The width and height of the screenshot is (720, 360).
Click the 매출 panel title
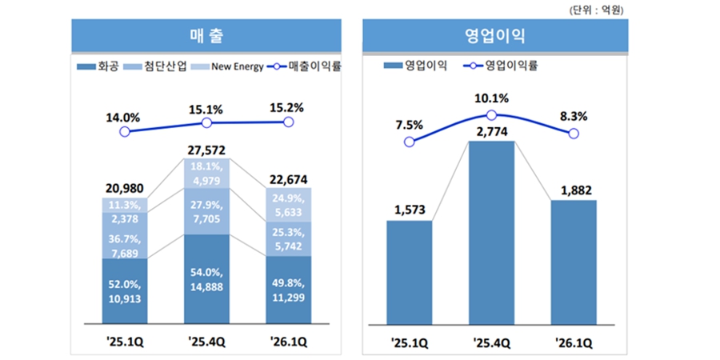tap(206, 36)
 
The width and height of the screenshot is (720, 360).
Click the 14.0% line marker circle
tap(124, 130)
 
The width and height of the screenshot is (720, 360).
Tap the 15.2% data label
tap(289, 107)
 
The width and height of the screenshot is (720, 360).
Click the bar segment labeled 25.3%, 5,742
tap(289, 238)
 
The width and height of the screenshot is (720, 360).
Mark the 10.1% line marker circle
tap(491, 115)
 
